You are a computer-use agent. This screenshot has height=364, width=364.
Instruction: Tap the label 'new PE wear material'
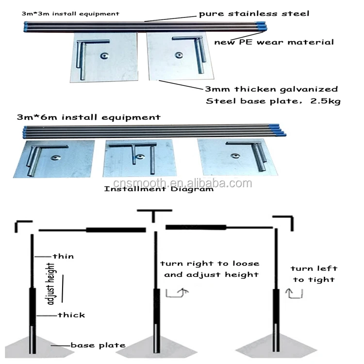click(274, 42)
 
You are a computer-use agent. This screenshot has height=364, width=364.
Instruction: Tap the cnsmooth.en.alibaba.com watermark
click(182, 183)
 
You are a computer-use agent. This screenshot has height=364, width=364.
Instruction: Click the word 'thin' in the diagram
click(63, 256)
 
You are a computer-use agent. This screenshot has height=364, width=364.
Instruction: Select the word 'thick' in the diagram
click(71, 315)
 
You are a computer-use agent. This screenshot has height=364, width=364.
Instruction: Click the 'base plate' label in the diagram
click(98, 345)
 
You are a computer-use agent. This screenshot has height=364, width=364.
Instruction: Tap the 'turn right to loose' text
click(210, 263)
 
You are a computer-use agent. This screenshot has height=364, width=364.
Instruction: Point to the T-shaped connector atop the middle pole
click(155, 215)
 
